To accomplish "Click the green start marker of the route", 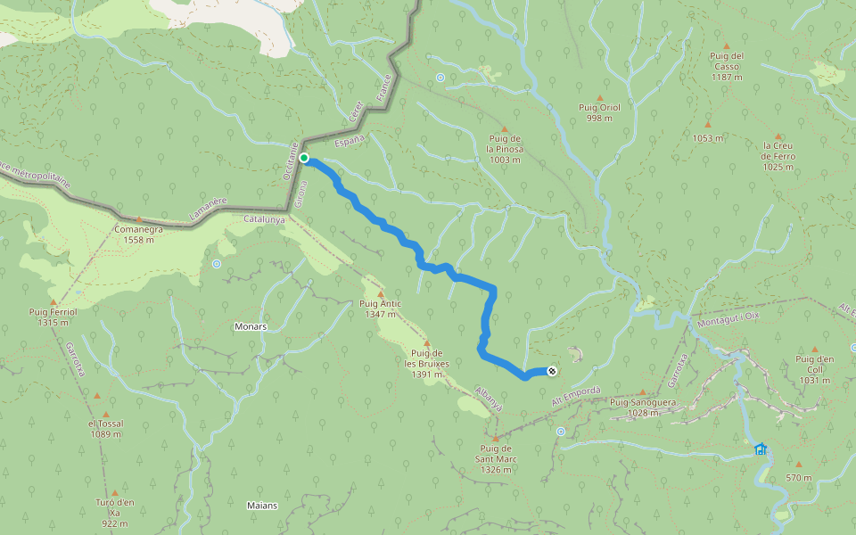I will point(304,158).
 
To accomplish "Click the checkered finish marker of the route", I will point(553,371).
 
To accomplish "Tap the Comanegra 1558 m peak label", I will point(138,234).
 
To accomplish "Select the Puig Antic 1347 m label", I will point(380,309).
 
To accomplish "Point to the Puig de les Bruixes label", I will point(426,364).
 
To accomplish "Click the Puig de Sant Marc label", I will point(496,452).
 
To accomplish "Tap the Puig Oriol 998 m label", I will point(599,112).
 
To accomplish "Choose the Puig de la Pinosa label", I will point(505,148).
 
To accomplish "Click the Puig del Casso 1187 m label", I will point(727,66).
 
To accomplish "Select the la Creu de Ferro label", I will point(778,156).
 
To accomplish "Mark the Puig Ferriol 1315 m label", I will point(53,317).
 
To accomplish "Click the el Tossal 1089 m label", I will point(105,429).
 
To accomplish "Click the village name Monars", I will point(251,326).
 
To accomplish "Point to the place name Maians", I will point(262,506).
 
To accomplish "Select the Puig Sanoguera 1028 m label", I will point(642,407).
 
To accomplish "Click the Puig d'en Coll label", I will point(814,369).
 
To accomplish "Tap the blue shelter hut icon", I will point(760,449).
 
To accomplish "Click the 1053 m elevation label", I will point(707,138).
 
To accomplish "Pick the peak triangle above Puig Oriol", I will point(599,96).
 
